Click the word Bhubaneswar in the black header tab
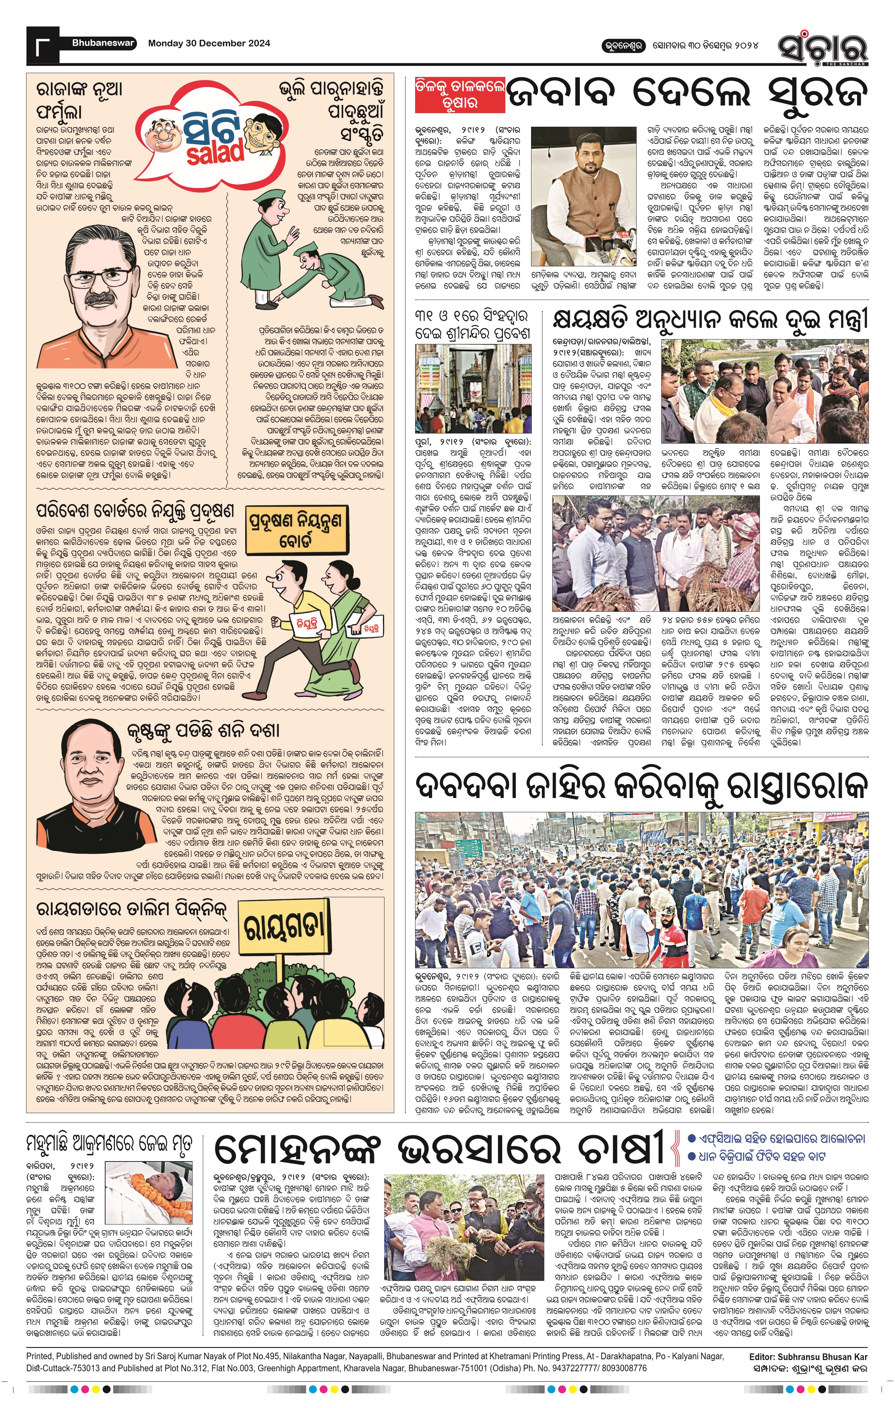click(103, 43)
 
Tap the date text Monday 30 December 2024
click(209, 43)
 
